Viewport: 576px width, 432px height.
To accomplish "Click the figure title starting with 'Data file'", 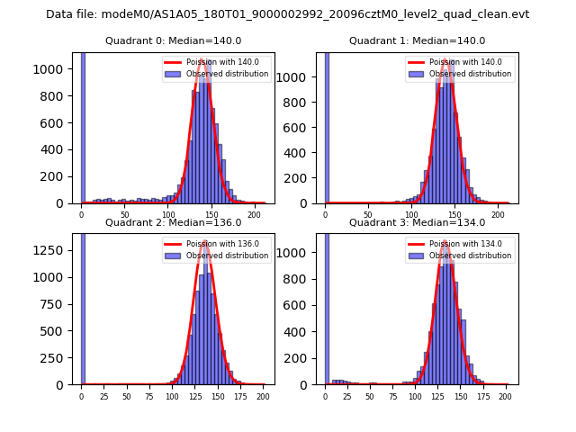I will click(287, 14).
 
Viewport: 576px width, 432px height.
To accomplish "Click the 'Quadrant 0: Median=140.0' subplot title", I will click(173, 40).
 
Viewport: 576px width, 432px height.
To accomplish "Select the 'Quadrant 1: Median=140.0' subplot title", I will click(417, 40).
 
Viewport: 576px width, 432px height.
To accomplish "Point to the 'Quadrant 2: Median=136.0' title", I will click(173, 222).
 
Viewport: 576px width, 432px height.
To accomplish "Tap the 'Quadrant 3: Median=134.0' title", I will click(417, 222).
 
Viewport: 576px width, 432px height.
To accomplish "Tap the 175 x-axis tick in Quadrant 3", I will click(482, 395).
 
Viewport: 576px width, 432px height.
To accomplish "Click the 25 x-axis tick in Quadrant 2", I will click(103, 395).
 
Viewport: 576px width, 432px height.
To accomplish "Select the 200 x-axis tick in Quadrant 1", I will click(499, 214).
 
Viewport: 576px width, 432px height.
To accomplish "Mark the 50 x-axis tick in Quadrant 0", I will click(124, 214).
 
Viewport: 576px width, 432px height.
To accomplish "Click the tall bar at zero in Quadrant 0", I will click(82, 126).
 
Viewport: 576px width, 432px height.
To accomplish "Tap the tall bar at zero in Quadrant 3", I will click(326, 306).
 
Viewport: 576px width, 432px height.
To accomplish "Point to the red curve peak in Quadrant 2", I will click(205, 241).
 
